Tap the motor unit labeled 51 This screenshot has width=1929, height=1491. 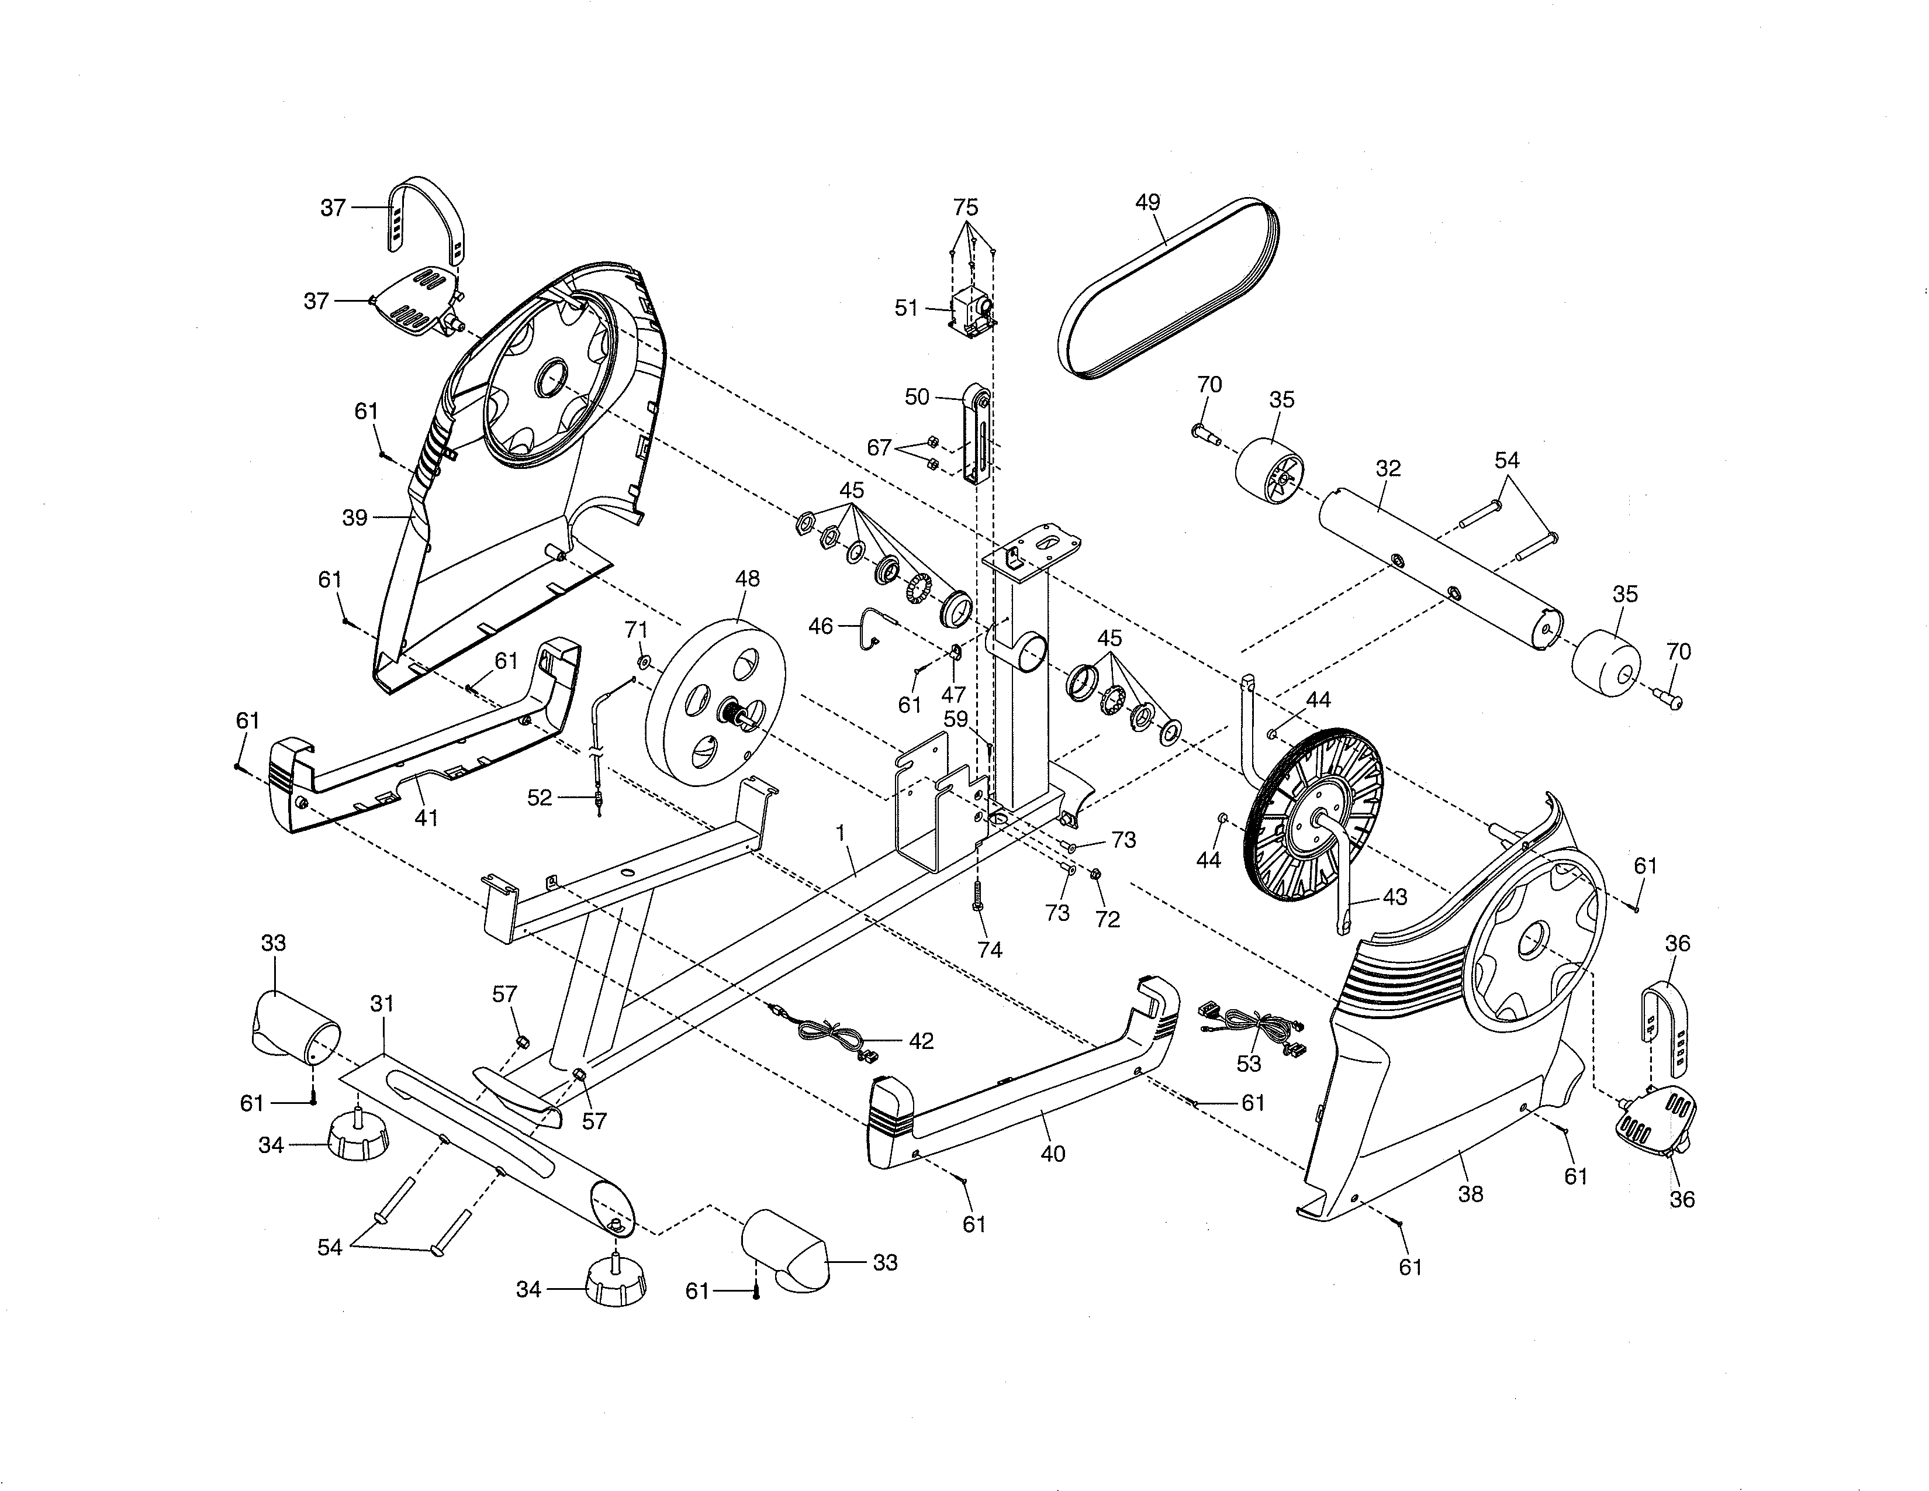(x=972, y=315)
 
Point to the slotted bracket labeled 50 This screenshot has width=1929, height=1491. (x=976, y=437)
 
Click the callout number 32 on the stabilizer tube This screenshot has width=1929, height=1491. (x=1388, y=468)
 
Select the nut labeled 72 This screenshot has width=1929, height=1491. (x=1094, y=875)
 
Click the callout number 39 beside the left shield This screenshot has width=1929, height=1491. (x=354, y=517)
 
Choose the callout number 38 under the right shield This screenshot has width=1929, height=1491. (x=1471, y=1194)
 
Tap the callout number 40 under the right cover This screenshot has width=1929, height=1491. (x=1053, y=1154)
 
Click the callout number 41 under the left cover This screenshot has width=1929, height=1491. (x=427, y=818)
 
